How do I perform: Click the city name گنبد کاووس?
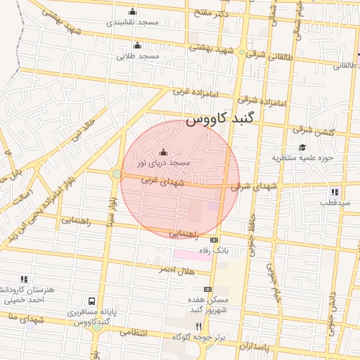(x=220, y=120)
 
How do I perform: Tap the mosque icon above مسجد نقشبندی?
(x=133, y=11)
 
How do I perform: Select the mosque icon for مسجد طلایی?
(x=137, y=46)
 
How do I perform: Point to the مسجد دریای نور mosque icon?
(x=164, y=152)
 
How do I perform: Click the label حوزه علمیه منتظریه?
(x=302, y=157)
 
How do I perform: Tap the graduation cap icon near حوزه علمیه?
(x=302, y=147)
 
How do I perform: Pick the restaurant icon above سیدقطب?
(x=335, y=191)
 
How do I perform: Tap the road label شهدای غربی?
(x=162, y=181)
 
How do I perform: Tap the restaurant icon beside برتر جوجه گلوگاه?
(x=198, y=326)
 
